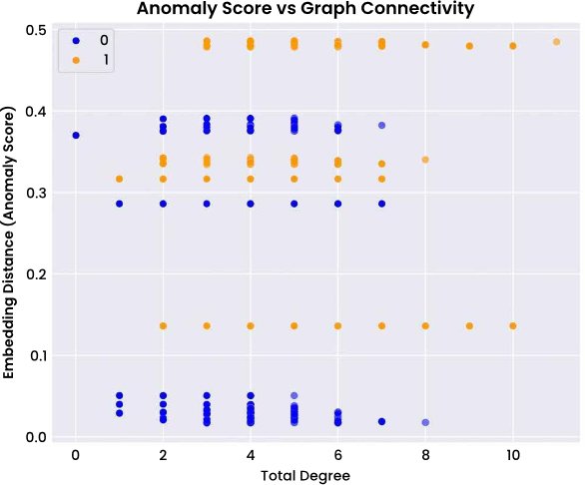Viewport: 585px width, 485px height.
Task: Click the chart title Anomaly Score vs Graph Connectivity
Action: [x=305, y=8]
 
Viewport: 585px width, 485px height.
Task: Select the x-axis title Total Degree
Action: [x=305, y=476]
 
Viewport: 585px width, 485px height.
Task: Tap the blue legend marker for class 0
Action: [x=76, y=41]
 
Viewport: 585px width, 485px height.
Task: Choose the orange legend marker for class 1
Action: [x=76, y=60]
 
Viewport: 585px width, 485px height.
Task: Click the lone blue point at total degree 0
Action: [x=76, y=135]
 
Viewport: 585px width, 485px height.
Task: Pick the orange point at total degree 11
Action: [x=557, y=42]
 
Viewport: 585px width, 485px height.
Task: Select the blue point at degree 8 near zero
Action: [x=425, y=422]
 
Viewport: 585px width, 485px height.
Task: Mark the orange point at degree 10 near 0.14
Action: [x=513, y=326]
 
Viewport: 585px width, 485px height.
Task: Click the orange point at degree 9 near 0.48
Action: [x=469, y=46]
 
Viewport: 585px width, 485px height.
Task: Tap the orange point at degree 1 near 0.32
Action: [x=120, y=179]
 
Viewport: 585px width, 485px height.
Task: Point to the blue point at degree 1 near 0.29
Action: [x=120, y=204]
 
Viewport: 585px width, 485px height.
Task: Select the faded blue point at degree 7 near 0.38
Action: [x=381, y=126]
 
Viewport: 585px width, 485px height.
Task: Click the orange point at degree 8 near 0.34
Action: [x=425, y=160]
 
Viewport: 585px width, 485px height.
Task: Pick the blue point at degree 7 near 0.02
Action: [x=381, y=421]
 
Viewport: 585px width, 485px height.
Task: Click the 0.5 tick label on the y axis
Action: [x=36, y=30]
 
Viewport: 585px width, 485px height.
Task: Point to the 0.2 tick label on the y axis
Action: [x=36, y=274]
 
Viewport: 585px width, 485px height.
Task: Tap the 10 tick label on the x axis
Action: [x=513, y=455]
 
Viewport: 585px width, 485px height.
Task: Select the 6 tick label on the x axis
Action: [x=338, y=455]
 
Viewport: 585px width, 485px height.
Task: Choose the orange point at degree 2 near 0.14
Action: [x=163, y=326]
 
